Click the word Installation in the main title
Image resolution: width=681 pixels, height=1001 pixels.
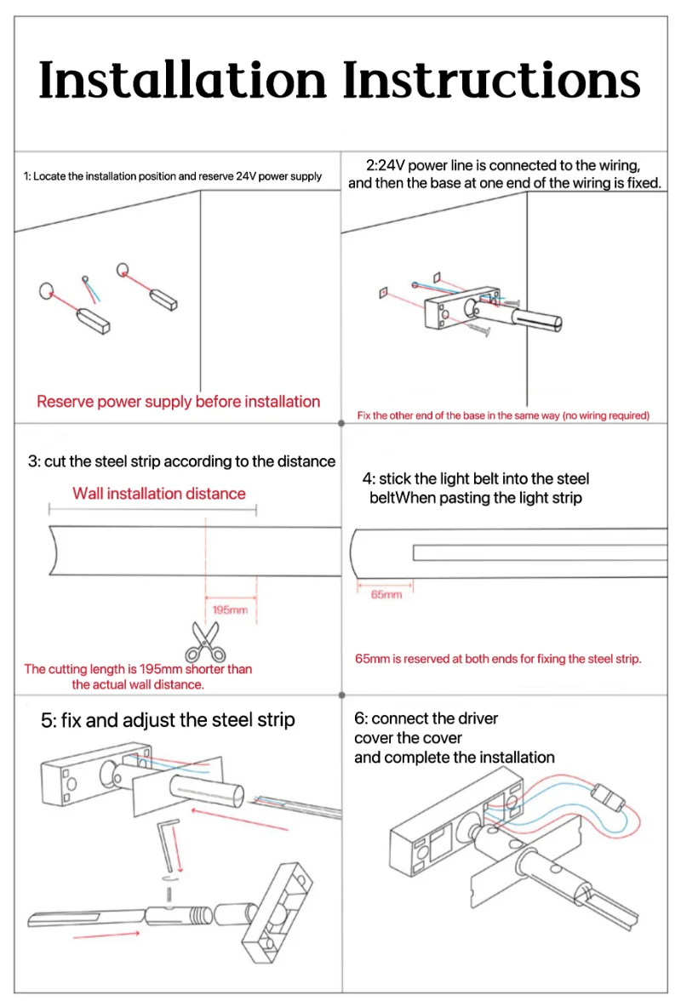[x=182, y=82]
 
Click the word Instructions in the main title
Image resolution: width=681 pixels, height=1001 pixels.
[x=492, y=82]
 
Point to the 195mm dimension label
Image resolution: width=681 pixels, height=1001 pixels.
[x=230, y=610]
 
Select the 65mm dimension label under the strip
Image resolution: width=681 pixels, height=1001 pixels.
[x=386, y=595]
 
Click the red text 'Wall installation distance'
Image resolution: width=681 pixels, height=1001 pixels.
[x=158, y=494]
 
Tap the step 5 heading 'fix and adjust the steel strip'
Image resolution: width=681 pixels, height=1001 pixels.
[x=169, y=720]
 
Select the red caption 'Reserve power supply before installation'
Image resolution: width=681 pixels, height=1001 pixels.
[x=179, y=402]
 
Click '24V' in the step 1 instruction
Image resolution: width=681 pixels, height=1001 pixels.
[x=246, y=176]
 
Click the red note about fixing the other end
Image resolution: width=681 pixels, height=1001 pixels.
[x=503, y=415]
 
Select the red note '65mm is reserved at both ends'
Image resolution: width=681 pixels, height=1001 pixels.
[x=498, y=659]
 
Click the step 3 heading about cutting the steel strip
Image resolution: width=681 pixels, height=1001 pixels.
[x=181, y=461]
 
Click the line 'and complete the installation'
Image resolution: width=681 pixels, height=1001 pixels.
[x=454, y=758]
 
